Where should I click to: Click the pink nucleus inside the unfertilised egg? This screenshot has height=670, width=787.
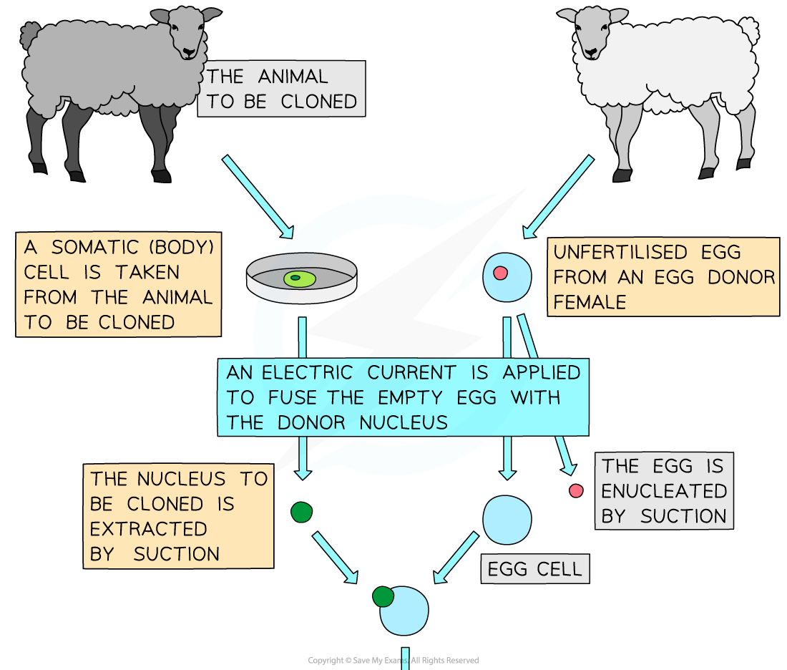500,273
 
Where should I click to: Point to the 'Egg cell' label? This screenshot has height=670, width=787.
534,570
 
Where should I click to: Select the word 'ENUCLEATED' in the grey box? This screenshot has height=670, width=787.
664,491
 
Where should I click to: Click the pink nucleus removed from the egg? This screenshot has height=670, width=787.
576,490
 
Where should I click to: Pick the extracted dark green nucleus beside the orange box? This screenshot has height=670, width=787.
302,512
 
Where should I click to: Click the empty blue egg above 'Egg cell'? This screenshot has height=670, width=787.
507,520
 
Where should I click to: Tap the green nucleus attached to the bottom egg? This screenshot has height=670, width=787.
383,596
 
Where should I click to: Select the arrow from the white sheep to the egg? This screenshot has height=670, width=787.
559,196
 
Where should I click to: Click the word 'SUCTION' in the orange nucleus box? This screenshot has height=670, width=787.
176,554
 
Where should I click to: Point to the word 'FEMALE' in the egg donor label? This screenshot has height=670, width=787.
590,301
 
